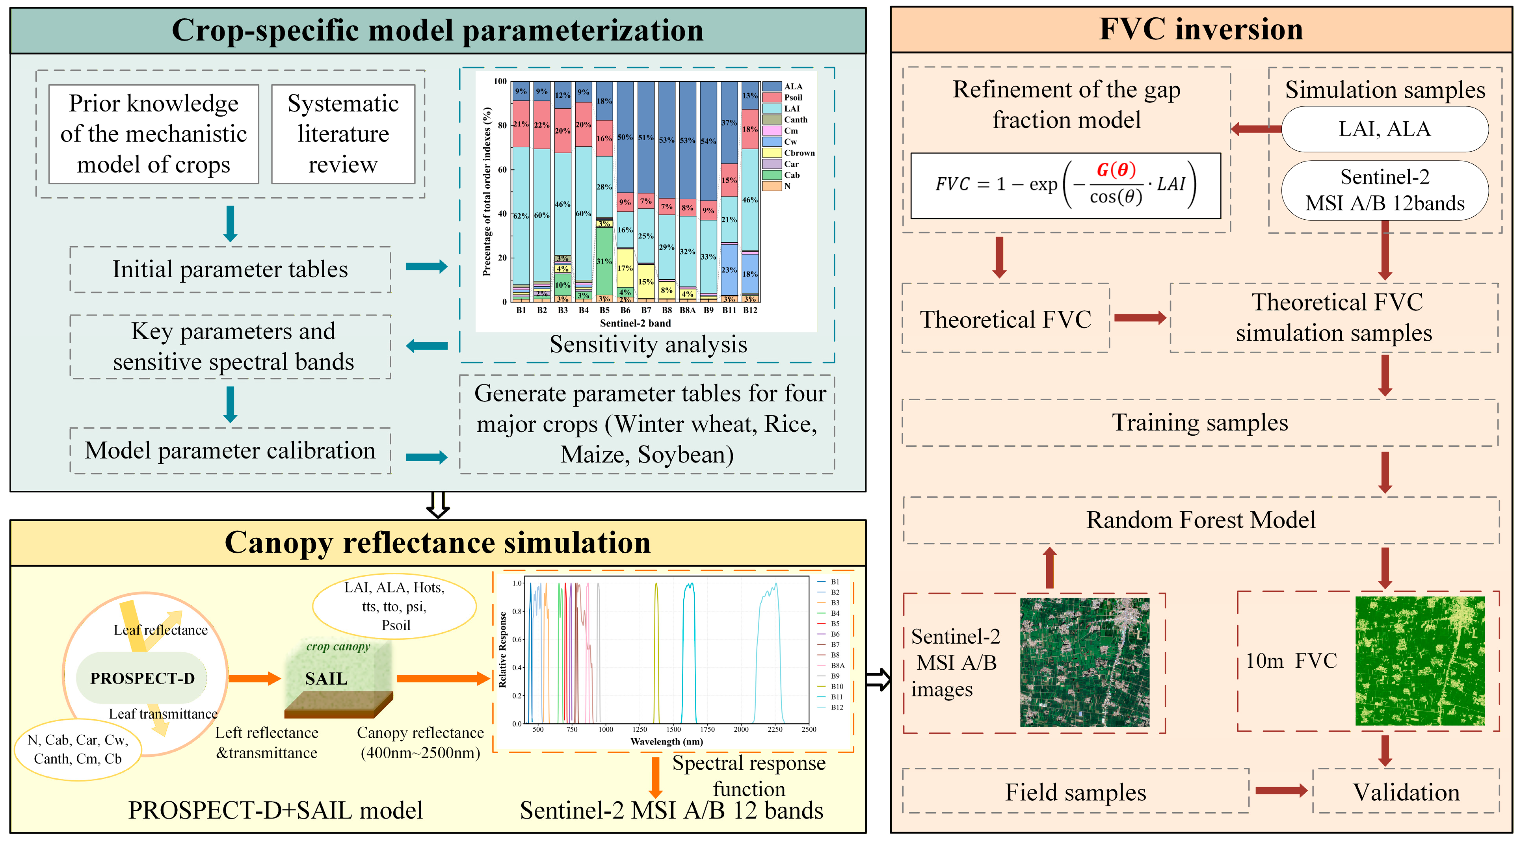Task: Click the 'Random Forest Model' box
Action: [1200, 520]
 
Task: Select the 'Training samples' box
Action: [1200, 423]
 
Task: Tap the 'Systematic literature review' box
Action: [343, 134]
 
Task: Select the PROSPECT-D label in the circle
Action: [142, 678]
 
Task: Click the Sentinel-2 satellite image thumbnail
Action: [1085, 662]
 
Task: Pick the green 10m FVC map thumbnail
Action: [1419, 661]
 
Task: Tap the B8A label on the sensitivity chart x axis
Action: [687, 310]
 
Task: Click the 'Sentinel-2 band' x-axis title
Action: [635, 323]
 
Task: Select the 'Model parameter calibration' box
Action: [230, 450]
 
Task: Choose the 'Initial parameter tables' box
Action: [230, 269]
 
